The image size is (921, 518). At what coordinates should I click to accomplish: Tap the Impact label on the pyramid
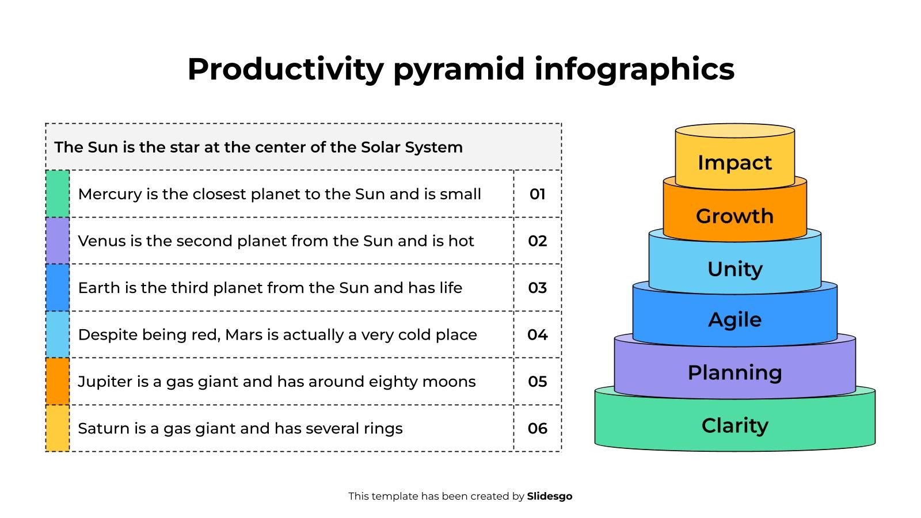click(x=734, y=163)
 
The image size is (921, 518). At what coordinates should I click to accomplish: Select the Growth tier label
click(x=734, y=216)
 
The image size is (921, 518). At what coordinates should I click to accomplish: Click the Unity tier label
click(x=734, y=269)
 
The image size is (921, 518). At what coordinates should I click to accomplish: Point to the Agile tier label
click(x=734, y=320)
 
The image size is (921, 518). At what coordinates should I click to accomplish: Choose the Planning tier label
click(x=734, y=373)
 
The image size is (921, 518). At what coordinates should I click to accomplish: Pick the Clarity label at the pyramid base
click(x=734, y=426)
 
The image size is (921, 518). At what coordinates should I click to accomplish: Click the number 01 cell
click(x=537, y=195)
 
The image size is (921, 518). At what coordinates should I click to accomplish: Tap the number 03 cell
click(x=537, y=288)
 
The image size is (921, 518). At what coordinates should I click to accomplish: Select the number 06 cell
click(x=537, y=428)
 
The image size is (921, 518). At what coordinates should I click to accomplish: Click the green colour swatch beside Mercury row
click(x=58, y=194)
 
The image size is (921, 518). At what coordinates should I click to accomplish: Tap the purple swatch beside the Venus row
click(x=58, y=241)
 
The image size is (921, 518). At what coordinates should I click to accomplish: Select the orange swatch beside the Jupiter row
click(x=58, y=381)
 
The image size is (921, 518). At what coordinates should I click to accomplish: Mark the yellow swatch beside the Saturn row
click(x=58, y=428)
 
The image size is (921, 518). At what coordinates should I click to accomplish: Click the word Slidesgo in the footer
click(x=549, y=496)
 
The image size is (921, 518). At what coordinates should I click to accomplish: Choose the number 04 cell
click(x=537, y=335)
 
